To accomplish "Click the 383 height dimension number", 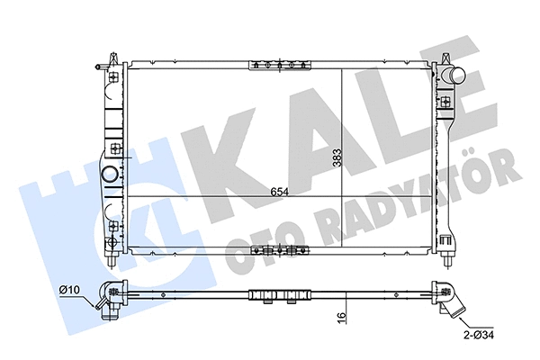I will pyautogui.click(x=337, y=159).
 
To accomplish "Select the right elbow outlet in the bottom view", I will pyautogui.click(x=447, y=301).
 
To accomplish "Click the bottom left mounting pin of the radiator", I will pyautogui.click(x=110, y=260).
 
